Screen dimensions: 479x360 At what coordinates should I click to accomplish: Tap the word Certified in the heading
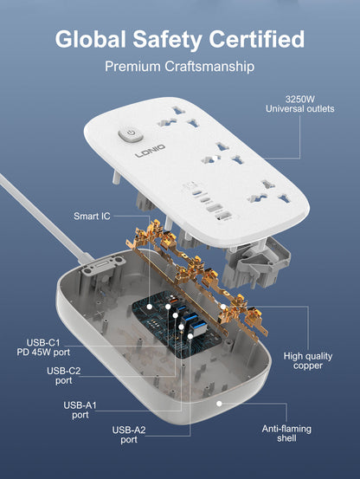click(x=255, y=39)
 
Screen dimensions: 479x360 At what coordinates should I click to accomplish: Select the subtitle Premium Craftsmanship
click(x=179, y=66)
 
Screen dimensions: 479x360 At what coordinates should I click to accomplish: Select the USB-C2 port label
click(x=65, y=374)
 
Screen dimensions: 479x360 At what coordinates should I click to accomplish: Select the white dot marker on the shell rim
click(x=219, y=402)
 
